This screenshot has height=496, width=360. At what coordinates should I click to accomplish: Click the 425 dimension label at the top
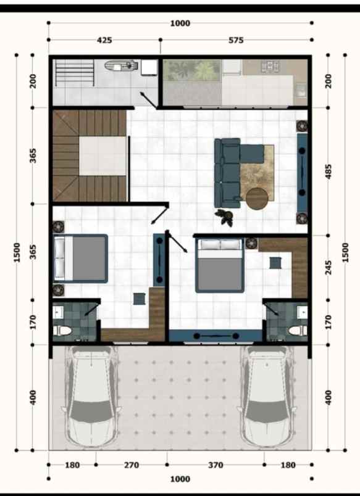point(104,40)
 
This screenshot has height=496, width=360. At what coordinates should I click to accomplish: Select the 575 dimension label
point(236,40)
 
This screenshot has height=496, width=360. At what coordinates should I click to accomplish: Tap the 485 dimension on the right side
point(329,170)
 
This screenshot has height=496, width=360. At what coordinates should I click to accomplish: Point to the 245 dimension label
point(329,267)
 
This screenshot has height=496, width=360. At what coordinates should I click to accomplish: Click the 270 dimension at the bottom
point(132,465)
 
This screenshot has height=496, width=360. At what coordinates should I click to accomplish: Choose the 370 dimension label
point(215,465)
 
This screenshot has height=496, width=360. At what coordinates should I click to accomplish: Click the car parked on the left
point(91,395)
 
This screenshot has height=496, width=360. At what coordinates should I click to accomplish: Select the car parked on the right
point(269,395)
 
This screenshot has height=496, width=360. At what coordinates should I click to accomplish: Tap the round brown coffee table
point(257,199)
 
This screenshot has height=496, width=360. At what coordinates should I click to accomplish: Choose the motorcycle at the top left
point(119,64)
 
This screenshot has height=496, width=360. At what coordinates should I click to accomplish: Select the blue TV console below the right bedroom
point(216,336)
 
